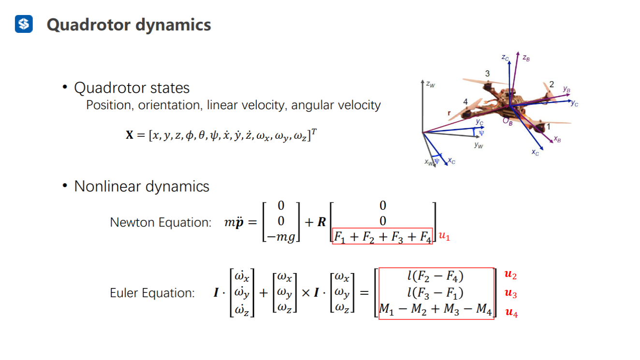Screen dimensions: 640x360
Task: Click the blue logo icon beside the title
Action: pos(24,24)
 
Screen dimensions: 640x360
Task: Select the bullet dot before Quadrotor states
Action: pos(64,88)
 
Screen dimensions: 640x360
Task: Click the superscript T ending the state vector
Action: pos(314,131)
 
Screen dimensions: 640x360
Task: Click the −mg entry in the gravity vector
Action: pos(280,237)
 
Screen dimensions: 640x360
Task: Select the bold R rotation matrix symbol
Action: pos(321,222)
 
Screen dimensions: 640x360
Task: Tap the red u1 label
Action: pos(444,237)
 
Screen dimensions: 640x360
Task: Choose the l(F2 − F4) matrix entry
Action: pos(436,276)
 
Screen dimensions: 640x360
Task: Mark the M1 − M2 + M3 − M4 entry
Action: pos(436,309)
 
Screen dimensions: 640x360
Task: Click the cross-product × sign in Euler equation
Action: pos(305,293)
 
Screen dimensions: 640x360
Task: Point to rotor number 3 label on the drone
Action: pos(487,73)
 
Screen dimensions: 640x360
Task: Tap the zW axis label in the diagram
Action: pos(430,85)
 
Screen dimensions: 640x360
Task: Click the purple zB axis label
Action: pos(526,58)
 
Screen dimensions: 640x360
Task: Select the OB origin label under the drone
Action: pos(507,121)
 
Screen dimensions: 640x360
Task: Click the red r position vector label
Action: pos(450,114)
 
